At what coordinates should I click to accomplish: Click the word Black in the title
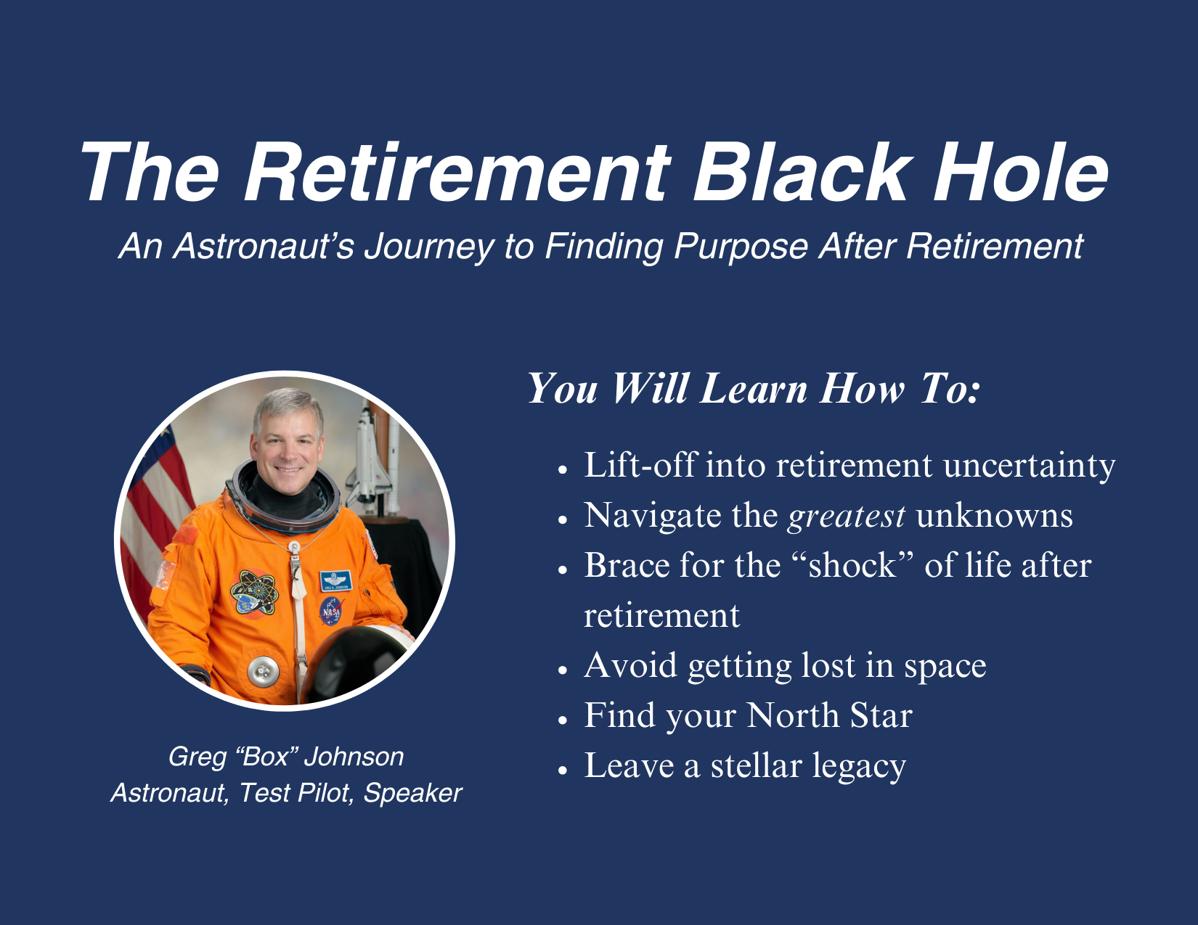coord(799,172)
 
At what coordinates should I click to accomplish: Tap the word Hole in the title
coord(1020,172)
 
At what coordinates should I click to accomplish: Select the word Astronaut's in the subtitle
coord(264,246)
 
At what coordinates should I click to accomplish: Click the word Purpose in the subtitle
coord(741,247)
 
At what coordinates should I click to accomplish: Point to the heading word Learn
coord(754,388)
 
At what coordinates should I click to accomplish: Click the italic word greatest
coord(847,517)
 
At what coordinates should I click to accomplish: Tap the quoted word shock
coord(852,565)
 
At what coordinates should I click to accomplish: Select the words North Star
coord(829,715)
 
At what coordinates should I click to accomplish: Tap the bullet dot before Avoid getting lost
coord(563,670)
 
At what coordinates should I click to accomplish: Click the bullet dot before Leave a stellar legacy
coord(563,770)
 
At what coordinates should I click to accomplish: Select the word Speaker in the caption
coord(412,793)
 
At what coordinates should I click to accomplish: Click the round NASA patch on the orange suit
coord(331,611)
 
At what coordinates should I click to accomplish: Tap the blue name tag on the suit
coord(335,580)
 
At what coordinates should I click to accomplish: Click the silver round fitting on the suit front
coord(263,672)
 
